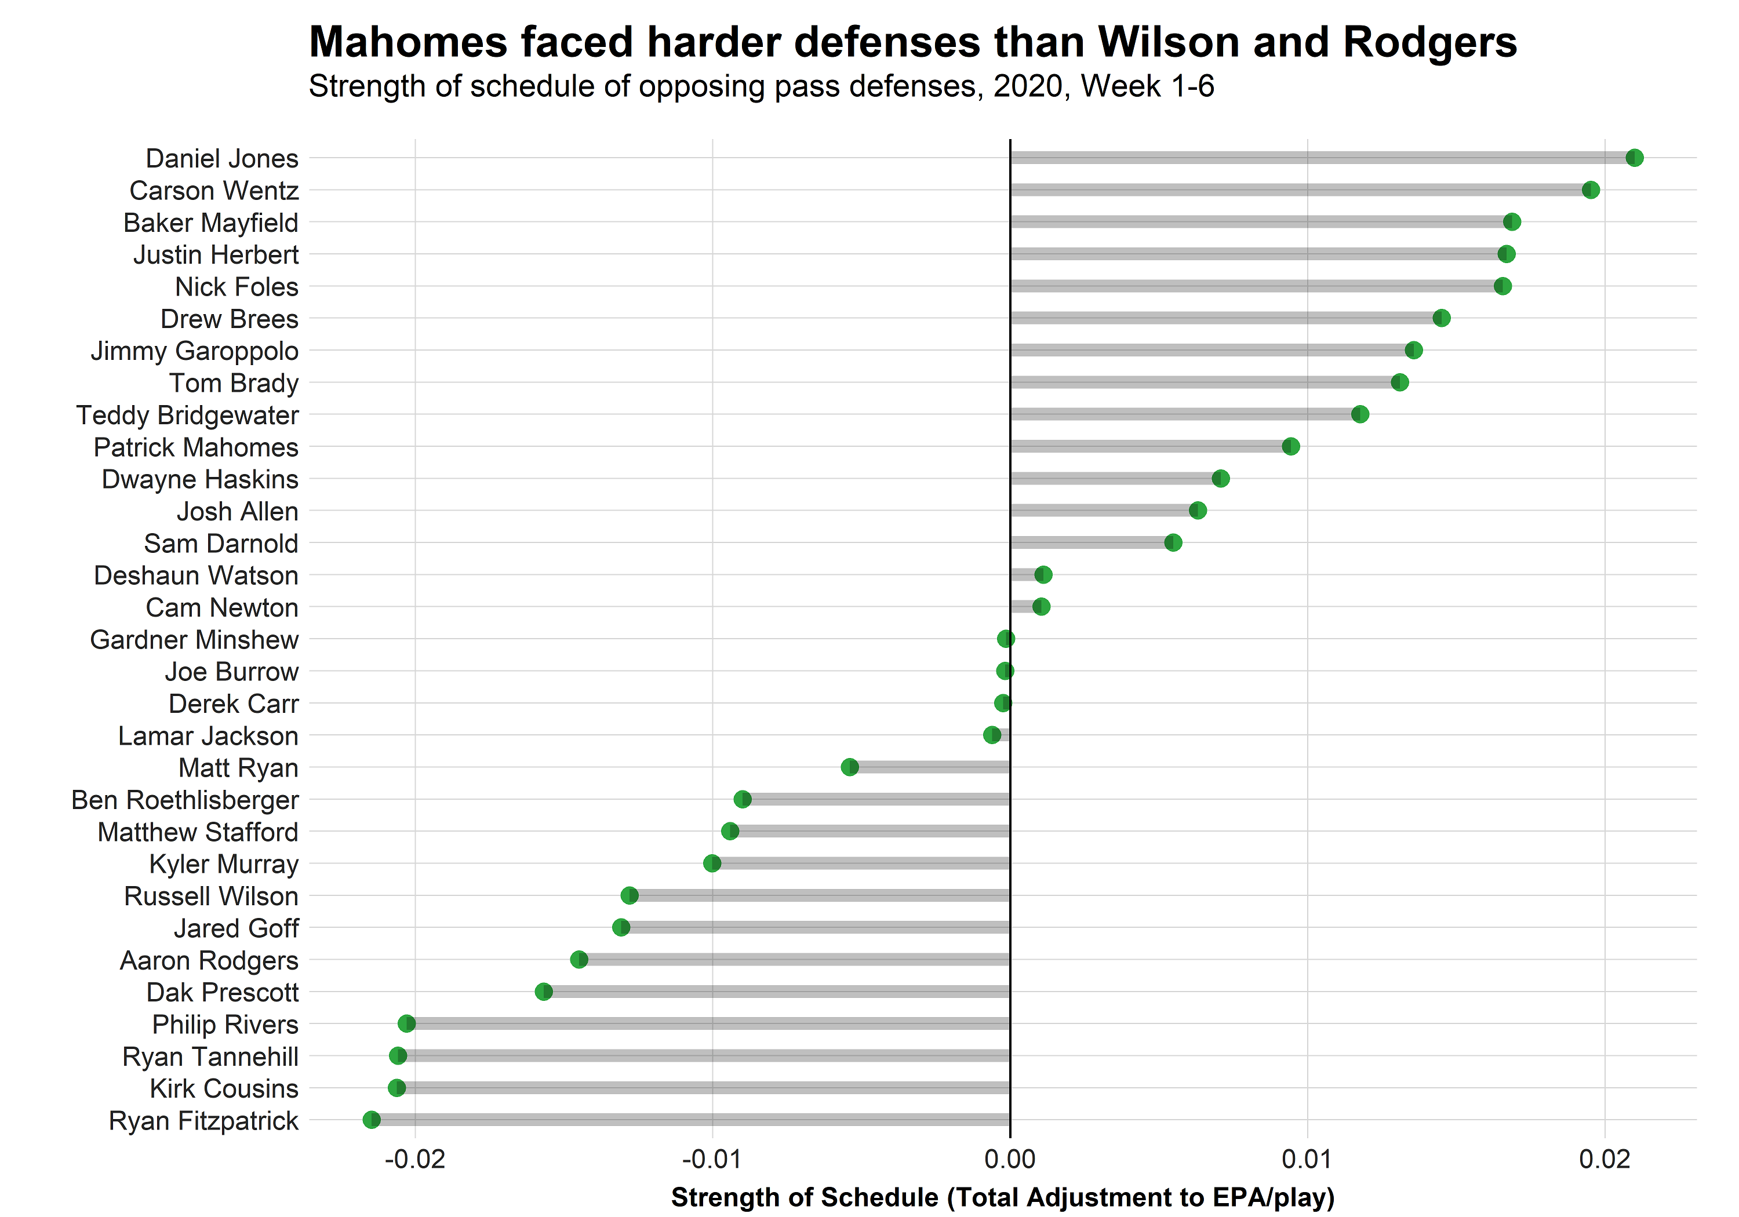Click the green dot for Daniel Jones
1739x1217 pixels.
pyautogui.click(x=1634, y=158)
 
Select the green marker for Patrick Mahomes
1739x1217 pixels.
pyautogui.click(x=1290, y=446)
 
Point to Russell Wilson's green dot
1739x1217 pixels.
pyautogui.click(x=630, y=895)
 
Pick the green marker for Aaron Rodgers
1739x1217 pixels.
pyautogui.click(x=579, y=960)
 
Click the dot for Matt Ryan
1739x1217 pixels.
pyautogui.click(x=850, y=767)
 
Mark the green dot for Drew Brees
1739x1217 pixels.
pyautogui.click(x=1440, y=318)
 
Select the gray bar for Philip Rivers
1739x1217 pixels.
pyautogui.click(x=708, y=1024)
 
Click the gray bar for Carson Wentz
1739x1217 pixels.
pyautogui.click(x=1299, y=190)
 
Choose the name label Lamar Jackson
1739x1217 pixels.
pyautogui.click(x=208, y=736)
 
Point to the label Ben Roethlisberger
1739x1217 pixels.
pyautogui.click(x=185, y=800)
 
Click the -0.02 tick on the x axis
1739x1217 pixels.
pyautogui.click(x=414, y=1158)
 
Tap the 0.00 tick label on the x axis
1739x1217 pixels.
pyautogui.click(x=1010, y=1158)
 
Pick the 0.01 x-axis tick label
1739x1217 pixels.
pyautogui.click(x=1307, y=1158)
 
